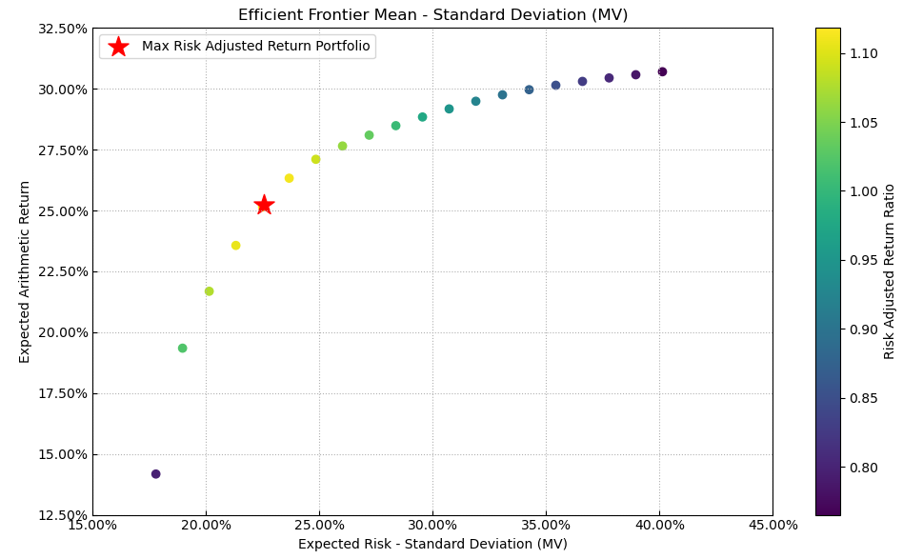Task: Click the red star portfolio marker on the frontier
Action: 264,205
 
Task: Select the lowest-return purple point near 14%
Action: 156,474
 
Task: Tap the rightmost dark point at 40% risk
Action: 662,71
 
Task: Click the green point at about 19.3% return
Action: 182,349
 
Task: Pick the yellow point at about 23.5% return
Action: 235,246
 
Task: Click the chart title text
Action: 432,15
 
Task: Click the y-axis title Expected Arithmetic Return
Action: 26,271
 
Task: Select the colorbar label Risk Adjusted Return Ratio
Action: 890,271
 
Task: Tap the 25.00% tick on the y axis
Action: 61,210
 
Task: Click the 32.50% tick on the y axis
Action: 61,29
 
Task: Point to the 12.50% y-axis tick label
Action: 61,515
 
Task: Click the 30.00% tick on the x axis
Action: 432,526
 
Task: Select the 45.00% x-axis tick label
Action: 773,526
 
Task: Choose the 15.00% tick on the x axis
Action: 92,526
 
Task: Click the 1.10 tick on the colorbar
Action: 866,53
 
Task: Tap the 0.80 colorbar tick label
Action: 866,468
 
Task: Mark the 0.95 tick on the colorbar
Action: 866,260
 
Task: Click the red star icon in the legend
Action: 118,47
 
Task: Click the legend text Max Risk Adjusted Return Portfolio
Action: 255,47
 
